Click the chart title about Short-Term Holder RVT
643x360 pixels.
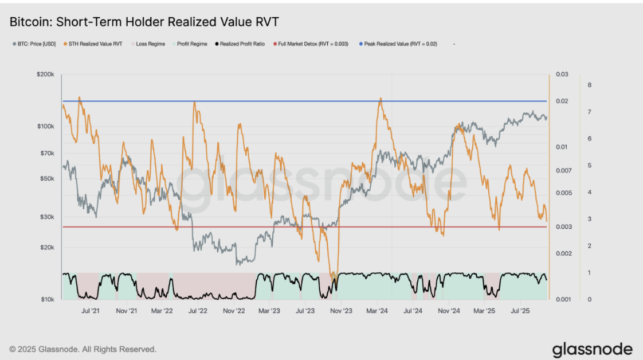point(144,22)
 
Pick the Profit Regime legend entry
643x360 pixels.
point(191,44)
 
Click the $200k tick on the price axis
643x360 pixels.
point(45,75)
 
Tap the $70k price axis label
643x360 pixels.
point(46,154)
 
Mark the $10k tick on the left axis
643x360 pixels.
point(46,299)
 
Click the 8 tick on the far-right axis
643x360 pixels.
point(589,85)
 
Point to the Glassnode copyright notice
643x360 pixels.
point(83,349)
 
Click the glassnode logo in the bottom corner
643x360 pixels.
point(592,349)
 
